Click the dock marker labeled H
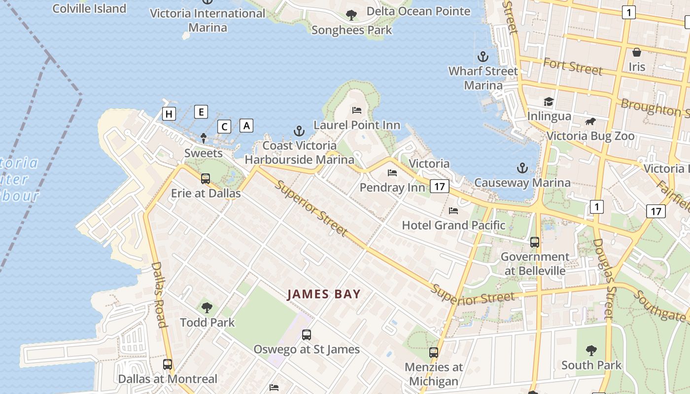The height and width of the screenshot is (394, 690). [x=169, y=114]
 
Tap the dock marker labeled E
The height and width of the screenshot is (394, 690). [x=201, y=112]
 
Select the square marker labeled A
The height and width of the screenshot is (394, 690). [x=246, y=126]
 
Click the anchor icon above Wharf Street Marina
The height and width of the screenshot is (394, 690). [x=483, y=56]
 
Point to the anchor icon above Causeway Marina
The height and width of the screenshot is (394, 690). [x=522, y=168]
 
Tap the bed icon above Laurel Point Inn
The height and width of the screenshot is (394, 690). [x=357, y=110]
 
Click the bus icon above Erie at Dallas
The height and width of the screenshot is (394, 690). [x=206, y=178]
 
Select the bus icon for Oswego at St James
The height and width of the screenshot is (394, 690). [x=307, y=335]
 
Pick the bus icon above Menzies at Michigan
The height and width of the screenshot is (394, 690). [x=434, y=353]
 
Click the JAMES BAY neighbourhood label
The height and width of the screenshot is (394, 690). [x=324, y=295]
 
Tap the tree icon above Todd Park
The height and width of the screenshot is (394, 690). [x=207, y=308]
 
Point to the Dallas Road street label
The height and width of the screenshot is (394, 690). [x=158, y=294]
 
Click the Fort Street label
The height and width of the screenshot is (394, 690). [x=573, y=66]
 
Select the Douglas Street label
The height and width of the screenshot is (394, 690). [x=602, y=279]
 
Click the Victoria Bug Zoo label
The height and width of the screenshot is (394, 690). [x=590, y=136]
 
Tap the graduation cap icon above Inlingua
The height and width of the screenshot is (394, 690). [x=549, y=101]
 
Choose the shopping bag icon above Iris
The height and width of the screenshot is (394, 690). [x=637, y=52]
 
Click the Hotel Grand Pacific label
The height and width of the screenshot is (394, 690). [x=453, y=226]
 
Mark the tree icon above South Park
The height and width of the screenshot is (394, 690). [x=591, y=351]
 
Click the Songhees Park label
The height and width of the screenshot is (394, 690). [x=352, y=30]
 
